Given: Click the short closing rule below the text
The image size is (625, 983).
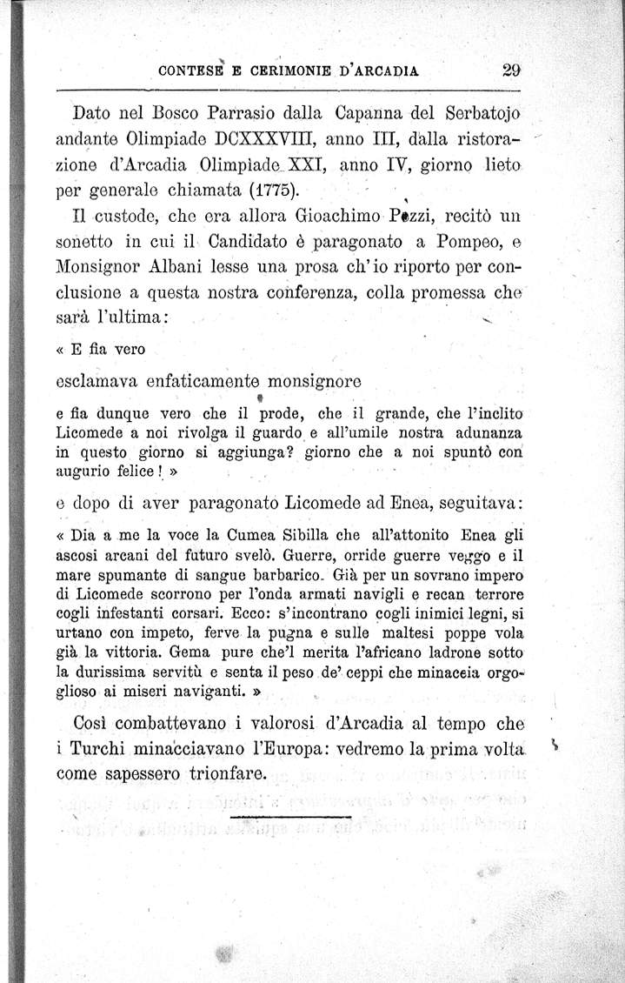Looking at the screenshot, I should click(x=290, y=817).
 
